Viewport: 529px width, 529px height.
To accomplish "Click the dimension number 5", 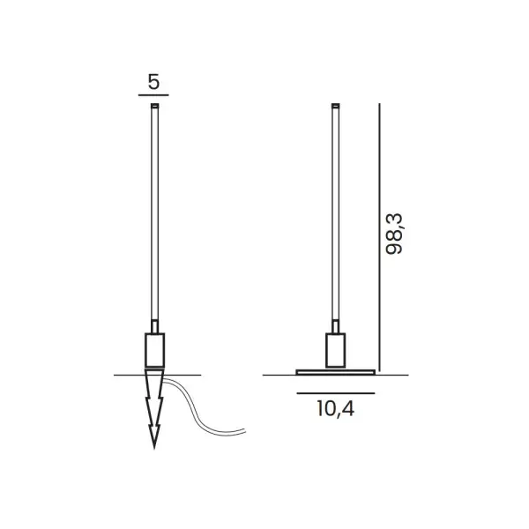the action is pyautogui.click(x=153, y=82).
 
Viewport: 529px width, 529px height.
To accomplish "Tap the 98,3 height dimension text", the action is pyautogui.click(x=394, y=234).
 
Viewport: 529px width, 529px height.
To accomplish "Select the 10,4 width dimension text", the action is pyautogui.click(x=335, y=409).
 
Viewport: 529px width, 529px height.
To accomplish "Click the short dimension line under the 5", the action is pyautogui.click(x=153, y=95).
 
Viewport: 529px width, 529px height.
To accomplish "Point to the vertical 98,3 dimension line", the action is pyautogui.click(x=379, y=237).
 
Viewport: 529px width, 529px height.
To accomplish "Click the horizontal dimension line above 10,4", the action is pyautogui.click(x=336, y=393).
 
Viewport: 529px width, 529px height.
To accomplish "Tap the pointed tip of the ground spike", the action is pyautogui.click(x=154, y=449).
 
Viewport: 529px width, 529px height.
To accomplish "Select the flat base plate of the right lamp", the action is pyautogui.click(x=336, y=372).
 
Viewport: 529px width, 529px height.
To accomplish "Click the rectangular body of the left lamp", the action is pyautogui.click(x=155, y=350).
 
